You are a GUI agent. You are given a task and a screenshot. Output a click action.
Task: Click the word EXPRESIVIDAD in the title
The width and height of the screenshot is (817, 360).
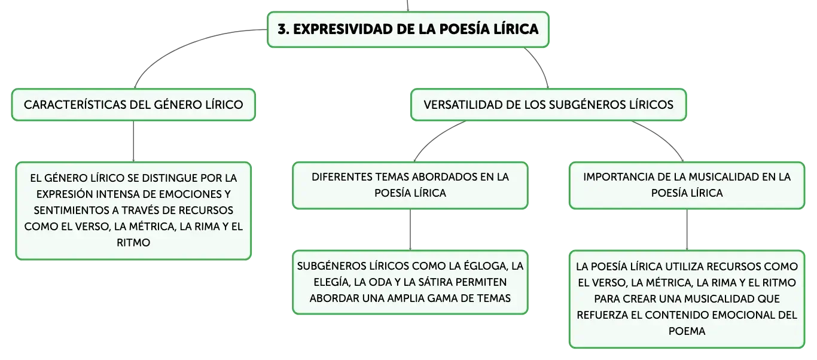343,29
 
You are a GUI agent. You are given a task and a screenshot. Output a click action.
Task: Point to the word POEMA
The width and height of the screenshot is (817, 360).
687,331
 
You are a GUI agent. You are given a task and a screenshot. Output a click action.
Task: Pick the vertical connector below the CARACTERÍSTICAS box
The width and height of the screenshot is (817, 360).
133,141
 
